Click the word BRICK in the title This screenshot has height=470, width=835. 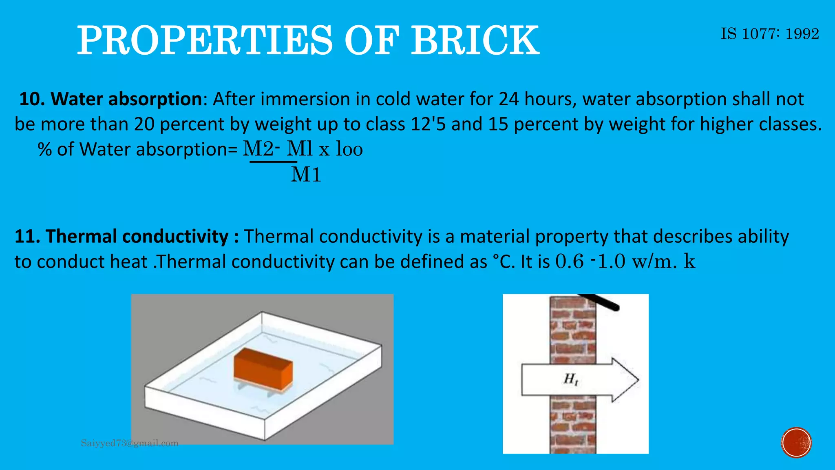click(475, 40)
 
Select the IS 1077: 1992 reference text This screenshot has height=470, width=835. click(770, 34)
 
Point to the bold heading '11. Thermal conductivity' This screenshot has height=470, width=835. click(126, 237)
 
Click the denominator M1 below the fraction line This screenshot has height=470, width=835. click(306, 175)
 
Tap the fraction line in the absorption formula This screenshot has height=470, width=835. click(273, 162)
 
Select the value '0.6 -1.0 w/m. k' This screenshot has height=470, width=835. click(625, 262)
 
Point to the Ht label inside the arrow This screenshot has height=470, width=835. click(570, 379)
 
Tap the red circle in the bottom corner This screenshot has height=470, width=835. click(796, 443)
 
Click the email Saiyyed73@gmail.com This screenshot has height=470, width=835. click(130, 443)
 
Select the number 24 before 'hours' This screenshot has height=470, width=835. click(509, 99)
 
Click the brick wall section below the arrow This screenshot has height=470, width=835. click(573, 424)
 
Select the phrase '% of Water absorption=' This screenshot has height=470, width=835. click(138, 149)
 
